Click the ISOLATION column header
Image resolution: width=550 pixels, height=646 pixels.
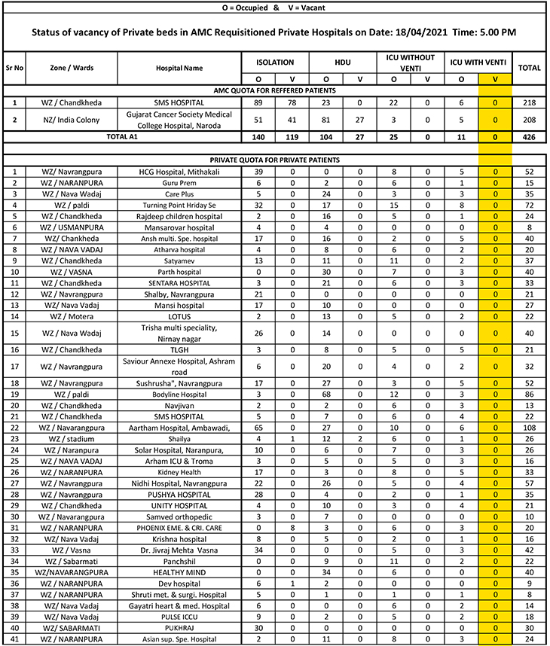(275, 62)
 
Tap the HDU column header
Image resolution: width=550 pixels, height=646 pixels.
(343, 62)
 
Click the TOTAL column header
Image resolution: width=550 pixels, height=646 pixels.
(529, 68)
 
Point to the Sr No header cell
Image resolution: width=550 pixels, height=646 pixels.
(14, 68)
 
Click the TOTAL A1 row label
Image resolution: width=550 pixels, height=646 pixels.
(122, 137)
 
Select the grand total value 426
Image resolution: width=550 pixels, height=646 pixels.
(529, 137)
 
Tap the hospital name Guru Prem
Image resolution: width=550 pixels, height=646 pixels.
(180, 183)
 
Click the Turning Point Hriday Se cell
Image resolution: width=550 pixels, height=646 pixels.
(180, 204)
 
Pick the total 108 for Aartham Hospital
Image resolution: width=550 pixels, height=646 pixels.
(529, 428)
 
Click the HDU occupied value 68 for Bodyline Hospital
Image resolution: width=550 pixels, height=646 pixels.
(326, 394)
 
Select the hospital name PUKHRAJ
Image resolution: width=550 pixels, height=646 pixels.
(180, 628)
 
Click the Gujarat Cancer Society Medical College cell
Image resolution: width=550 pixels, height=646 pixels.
(180, 119)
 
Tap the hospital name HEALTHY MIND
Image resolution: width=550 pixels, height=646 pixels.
(180, 571)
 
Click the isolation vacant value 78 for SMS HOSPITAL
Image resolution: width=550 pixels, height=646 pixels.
(292, 102)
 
